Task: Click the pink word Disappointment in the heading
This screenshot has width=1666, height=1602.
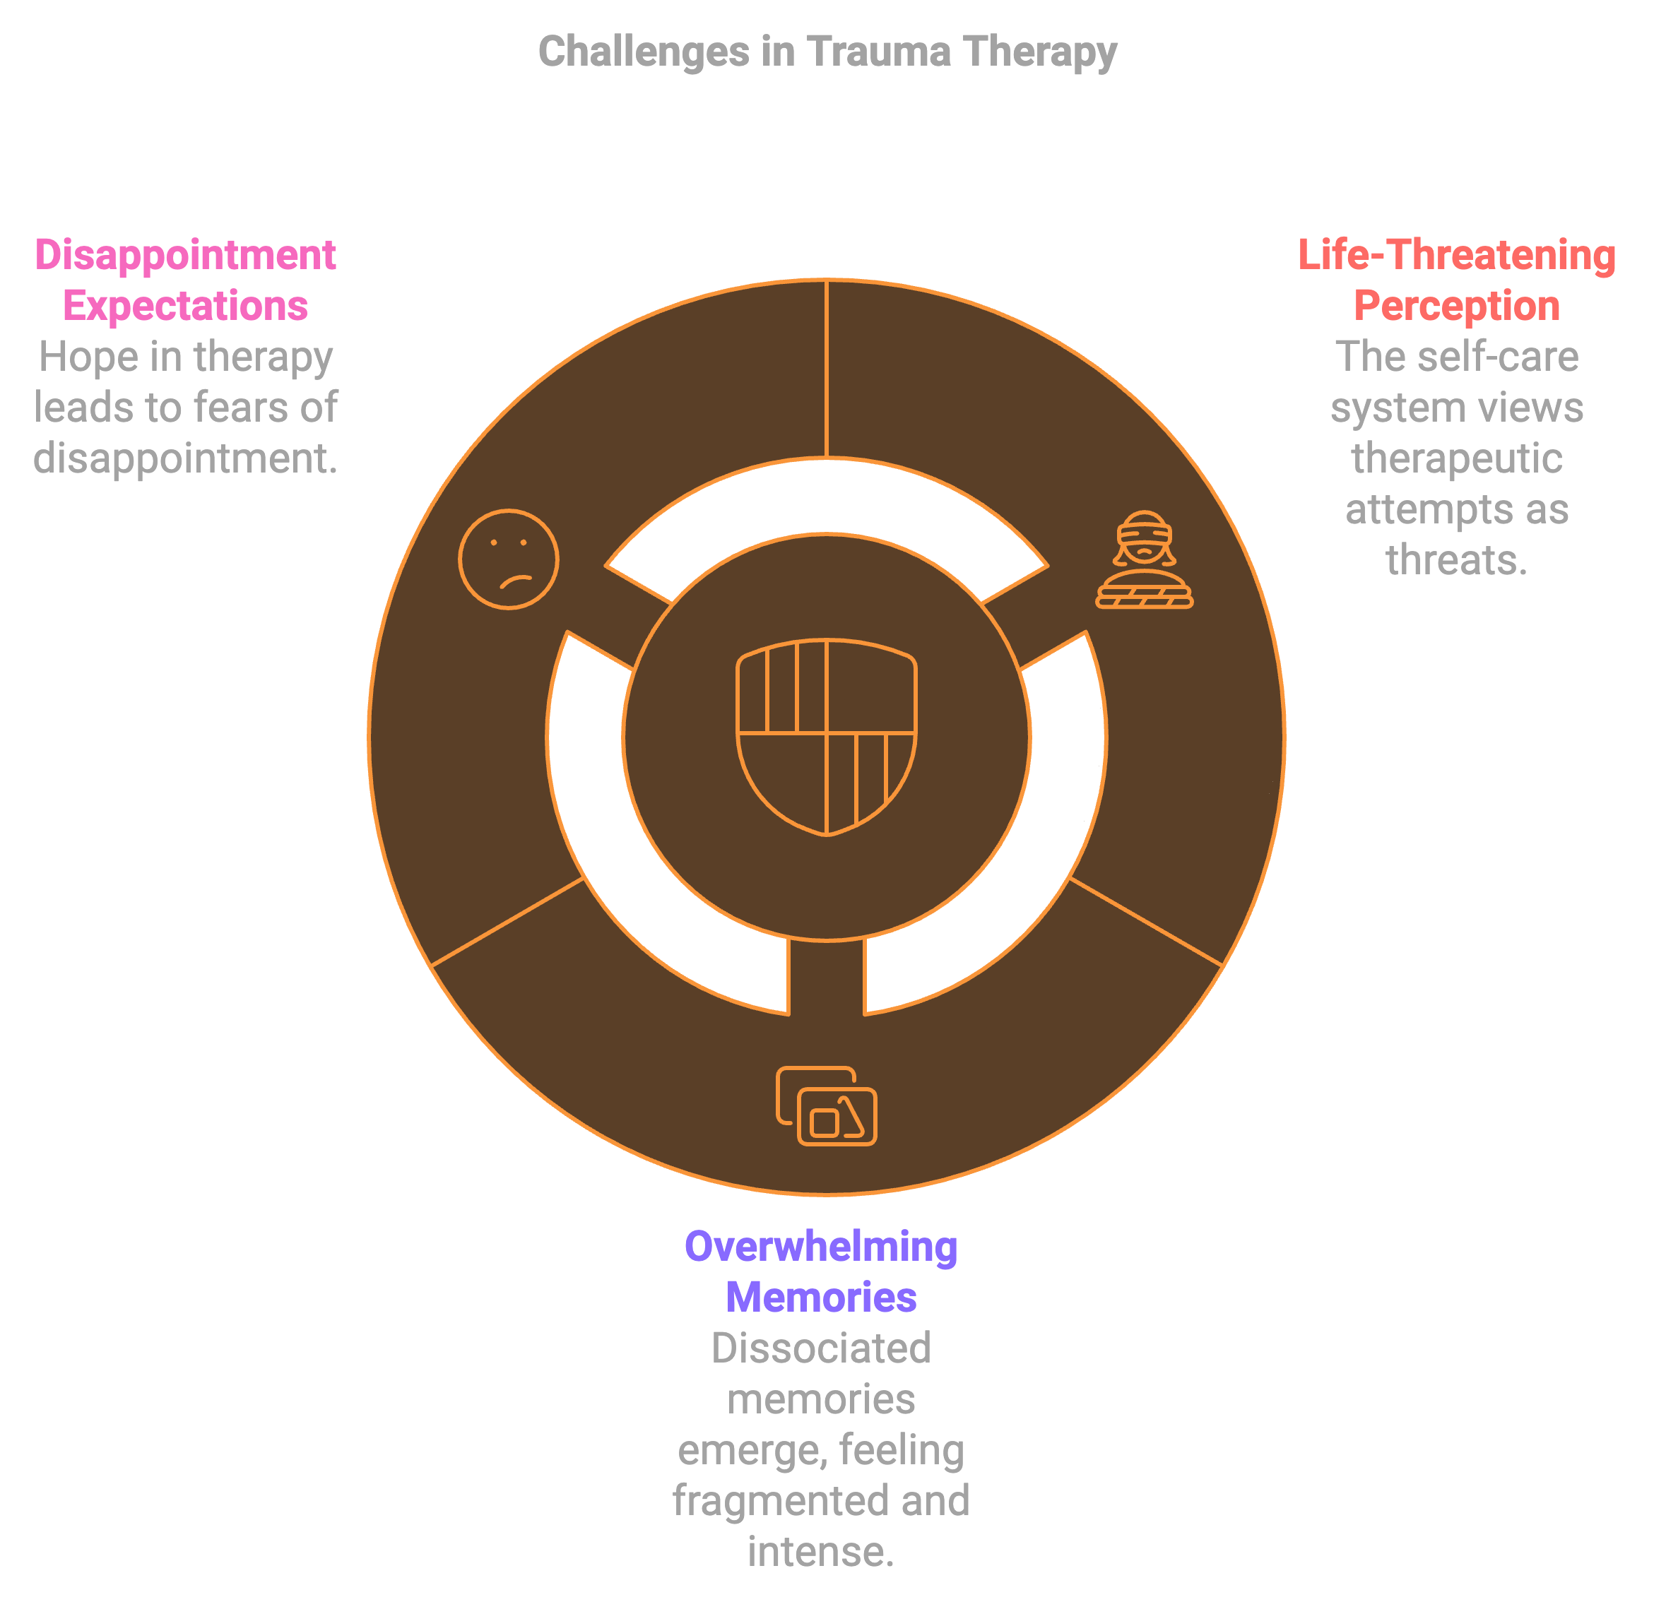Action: [185, 255]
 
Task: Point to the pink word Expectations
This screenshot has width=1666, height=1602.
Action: [185, 306]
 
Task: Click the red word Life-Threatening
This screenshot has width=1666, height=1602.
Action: [1456, 255]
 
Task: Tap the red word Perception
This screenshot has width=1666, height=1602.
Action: [1456, 306]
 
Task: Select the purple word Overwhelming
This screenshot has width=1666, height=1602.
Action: [821, 1247]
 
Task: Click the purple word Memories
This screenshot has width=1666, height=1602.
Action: [821, 1298]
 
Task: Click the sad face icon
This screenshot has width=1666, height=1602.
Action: [508, 559]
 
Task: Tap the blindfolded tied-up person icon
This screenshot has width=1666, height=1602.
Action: [1144, 560]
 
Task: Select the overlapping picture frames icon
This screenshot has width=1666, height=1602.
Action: [826, 1105]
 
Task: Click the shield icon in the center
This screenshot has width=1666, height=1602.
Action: [826, 737]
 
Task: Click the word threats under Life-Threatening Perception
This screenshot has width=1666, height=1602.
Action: [1456, 560]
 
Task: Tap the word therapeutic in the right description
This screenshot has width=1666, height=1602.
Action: [1456, 459]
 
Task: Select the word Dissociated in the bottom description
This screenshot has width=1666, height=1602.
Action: [821, 1348]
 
